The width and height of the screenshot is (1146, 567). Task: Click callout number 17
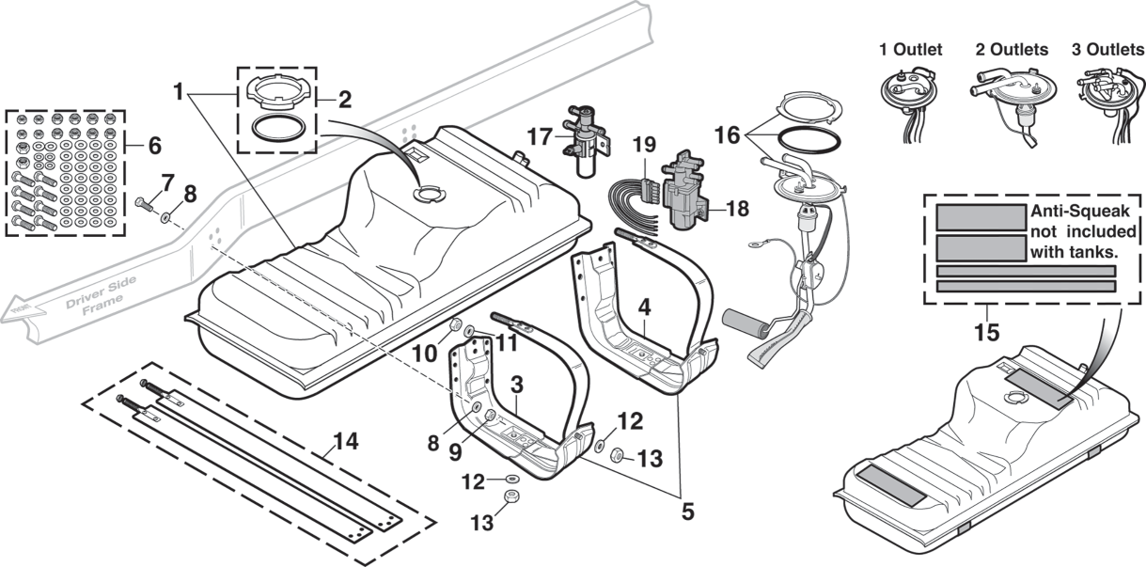tap(542, 136)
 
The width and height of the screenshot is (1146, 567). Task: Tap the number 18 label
tap(739, 209)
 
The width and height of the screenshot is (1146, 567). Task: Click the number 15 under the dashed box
tap(986, 331)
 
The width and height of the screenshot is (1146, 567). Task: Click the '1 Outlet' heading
tap(910, 50)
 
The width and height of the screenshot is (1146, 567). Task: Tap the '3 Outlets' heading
tap(1107, 50)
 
